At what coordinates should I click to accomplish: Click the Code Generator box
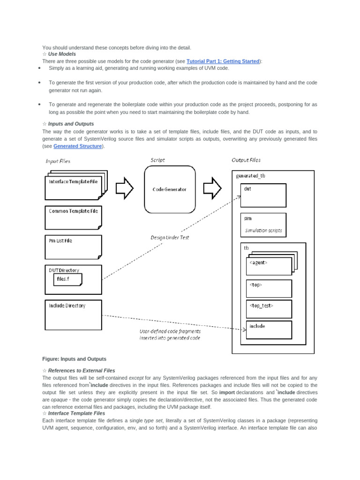click(169, 189)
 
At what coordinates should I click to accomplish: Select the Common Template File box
click(73, 217)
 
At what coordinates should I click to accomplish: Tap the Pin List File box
click(73, 247)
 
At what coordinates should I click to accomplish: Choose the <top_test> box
click(269, 308)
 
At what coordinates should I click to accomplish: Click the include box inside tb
click(269, 330)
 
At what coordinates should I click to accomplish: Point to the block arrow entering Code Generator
click(124, 188)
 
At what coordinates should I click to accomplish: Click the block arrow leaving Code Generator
click(212, 188)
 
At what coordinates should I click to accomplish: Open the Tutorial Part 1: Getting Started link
click(223, 61)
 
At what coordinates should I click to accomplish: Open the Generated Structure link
click(77, 146)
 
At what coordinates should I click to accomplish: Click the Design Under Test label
click(170, 238)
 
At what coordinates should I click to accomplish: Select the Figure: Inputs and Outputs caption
click(74, 359)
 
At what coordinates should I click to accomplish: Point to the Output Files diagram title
click(246, 160)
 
